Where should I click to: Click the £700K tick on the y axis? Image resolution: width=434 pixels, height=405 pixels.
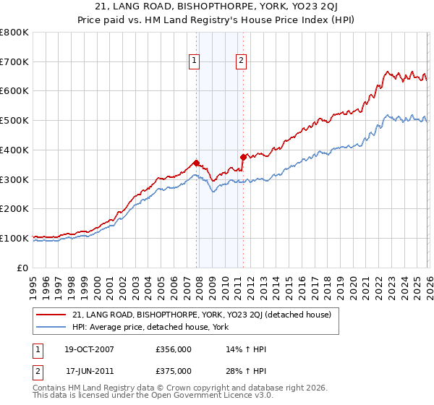tap(14, 61)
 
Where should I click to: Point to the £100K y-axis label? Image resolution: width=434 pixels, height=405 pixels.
tap(14, 238)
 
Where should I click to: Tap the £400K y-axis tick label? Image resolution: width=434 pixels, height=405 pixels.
tap(14, 150)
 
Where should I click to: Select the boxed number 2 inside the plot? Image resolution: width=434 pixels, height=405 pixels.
tap(241, 61)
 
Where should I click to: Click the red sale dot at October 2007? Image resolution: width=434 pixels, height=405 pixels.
tap(196, 163)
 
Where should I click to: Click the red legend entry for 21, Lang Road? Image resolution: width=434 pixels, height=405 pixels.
tap(201, 315)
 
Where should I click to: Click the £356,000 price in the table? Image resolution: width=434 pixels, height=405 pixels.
tap(173, 349)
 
